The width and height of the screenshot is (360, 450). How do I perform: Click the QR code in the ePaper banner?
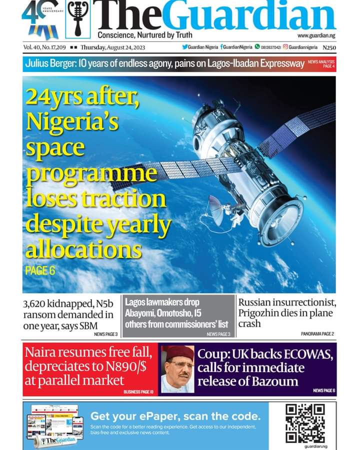pyautogui.click(x=305, y=423)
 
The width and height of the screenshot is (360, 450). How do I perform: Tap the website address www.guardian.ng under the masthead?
pyautogui.click(x=316, y=36)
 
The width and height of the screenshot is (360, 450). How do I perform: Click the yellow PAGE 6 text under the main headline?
pyautogui.click(x=39, y=271)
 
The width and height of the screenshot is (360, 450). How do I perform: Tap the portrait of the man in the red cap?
pyautogui.click(x=177, y=368)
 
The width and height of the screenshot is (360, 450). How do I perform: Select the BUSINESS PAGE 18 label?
pyautogui.click(x=138, y=392)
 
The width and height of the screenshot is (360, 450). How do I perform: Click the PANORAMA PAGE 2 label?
pyautogui.click(x=317, y=333)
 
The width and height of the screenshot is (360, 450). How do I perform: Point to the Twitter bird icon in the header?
pyautogui.click(x=185, y=47)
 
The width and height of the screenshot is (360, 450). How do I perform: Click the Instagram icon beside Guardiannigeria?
pyautogui.click(x=285, y=47)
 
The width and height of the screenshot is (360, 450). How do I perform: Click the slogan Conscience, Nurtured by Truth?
pyautogui.click(x=144, y=35)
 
